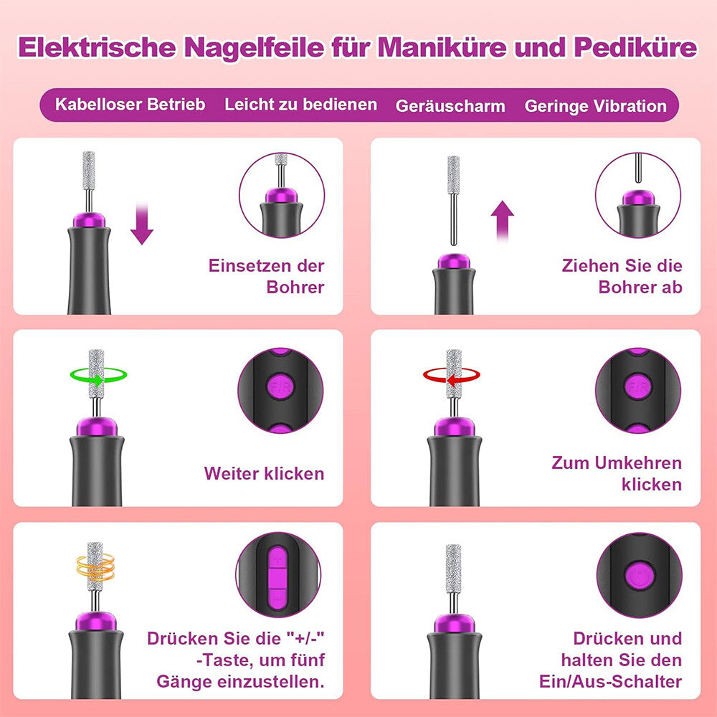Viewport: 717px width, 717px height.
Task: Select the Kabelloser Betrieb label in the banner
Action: tap(130, 105)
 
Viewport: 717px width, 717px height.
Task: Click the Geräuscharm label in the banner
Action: tap(450, 106)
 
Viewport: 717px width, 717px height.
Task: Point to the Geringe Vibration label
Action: tap(595, 106)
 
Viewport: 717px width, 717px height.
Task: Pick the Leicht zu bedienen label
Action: tap(300, 105)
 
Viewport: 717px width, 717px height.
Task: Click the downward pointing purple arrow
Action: tap(143, 224)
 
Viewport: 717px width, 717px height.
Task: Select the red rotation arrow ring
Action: tap(451, 374)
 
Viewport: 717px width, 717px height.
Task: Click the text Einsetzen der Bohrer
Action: tap(266, 276)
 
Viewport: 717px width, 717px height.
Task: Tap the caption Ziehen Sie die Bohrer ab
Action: tap(622, 276)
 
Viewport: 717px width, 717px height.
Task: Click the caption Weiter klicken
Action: tap(264, 473)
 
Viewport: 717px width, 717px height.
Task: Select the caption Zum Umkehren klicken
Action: tap(617, 473)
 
